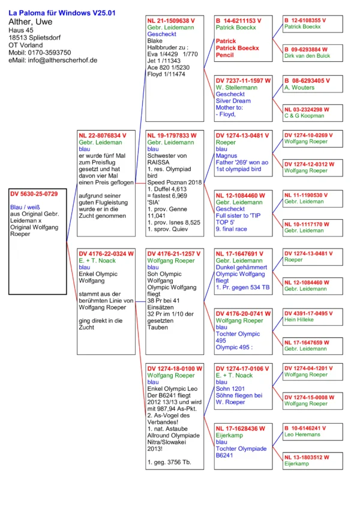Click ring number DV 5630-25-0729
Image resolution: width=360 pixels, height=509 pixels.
tap(34, 194)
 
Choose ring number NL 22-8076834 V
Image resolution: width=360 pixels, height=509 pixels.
tap(103, 136)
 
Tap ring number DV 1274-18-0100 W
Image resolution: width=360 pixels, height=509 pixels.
tap(175, 368)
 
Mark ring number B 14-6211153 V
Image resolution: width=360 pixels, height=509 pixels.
tap(239, 20)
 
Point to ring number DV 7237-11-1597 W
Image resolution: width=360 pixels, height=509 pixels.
tap(243, 80)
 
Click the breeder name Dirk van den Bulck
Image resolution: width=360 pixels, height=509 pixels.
tap(307, 56)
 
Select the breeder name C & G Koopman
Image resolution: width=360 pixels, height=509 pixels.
tap(304, 116)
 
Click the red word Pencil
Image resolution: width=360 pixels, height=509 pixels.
tap(225, 55)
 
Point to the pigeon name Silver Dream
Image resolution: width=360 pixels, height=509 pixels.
tap(233, 101)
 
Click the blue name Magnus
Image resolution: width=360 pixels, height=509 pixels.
tap(226, 156)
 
